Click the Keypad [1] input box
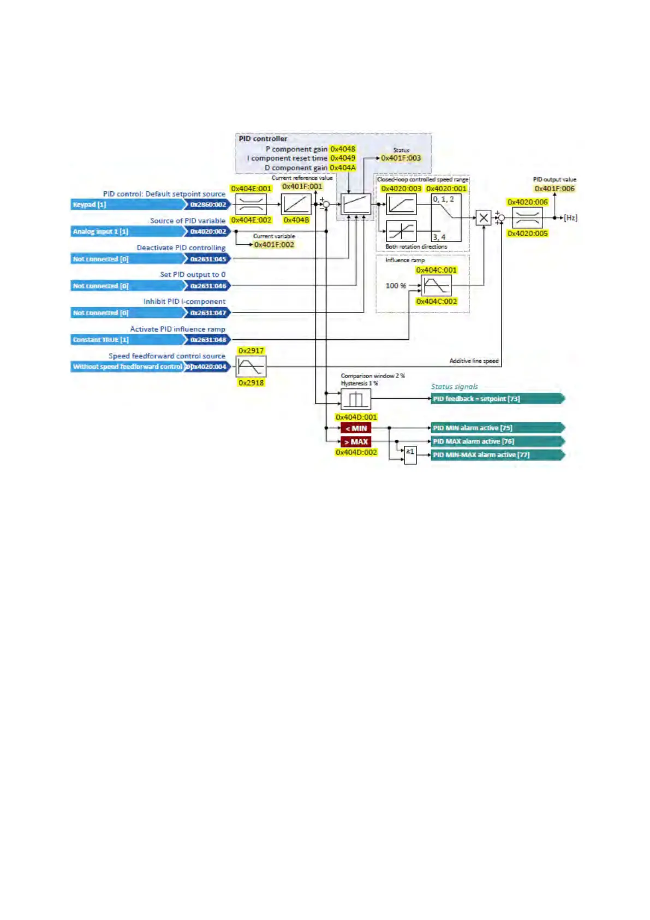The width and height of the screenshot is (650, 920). (128, 204)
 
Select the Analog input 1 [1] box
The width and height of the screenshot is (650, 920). (128, 231)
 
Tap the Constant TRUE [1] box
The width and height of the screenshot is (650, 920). (128, 339)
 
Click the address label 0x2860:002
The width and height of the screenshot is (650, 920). (208, 204)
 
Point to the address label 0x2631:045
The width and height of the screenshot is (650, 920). (208, 259)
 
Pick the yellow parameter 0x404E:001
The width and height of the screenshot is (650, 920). (251, 188)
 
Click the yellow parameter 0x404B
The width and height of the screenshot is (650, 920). (296, 220)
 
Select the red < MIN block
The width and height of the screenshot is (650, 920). (356, 428)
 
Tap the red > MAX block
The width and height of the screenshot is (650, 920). (356, 441)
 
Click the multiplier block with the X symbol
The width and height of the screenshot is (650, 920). (484, 218)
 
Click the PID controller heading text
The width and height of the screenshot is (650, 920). (263, 139)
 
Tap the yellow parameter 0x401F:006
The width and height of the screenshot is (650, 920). (554, 188)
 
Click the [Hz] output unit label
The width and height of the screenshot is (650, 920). (570, 218)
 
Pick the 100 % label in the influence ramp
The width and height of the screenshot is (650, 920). (396, 286)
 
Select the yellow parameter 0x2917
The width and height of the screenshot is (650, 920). (251, 351)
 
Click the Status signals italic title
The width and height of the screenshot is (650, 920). (454, 387)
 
